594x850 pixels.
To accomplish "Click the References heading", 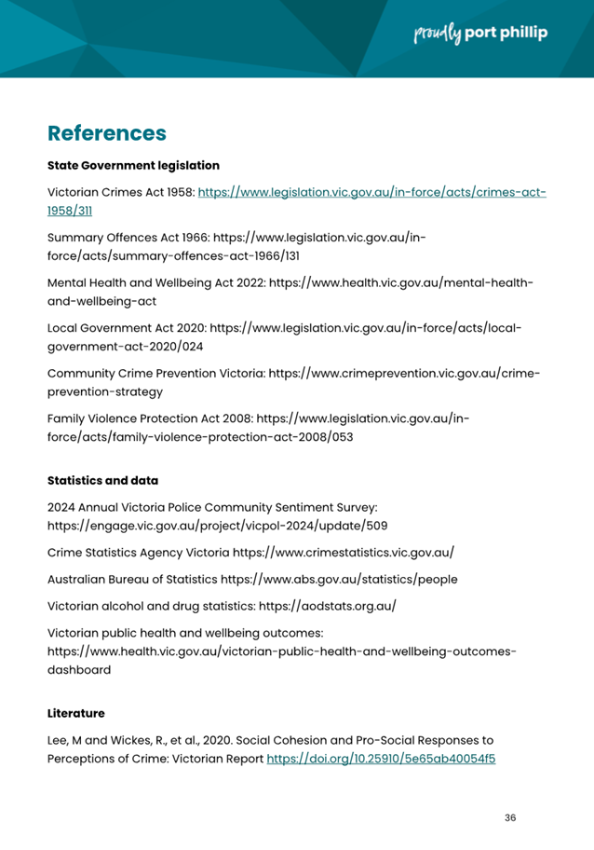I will [106, 132].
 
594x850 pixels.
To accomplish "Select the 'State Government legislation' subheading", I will [133, 165].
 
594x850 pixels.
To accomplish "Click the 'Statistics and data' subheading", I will [102, 481].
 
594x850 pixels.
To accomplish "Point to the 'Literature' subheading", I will [75, 714].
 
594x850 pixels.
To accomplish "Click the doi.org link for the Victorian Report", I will [381, 759].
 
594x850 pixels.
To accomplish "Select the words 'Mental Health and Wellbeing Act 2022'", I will [155, 282].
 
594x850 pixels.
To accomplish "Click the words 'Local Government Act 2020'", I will [126, 328].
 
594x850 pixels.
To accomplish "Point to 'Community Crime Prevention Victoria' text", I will [155, 374].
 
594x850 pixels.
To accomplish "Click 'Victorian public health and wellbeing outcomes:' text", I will [184, 633].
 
